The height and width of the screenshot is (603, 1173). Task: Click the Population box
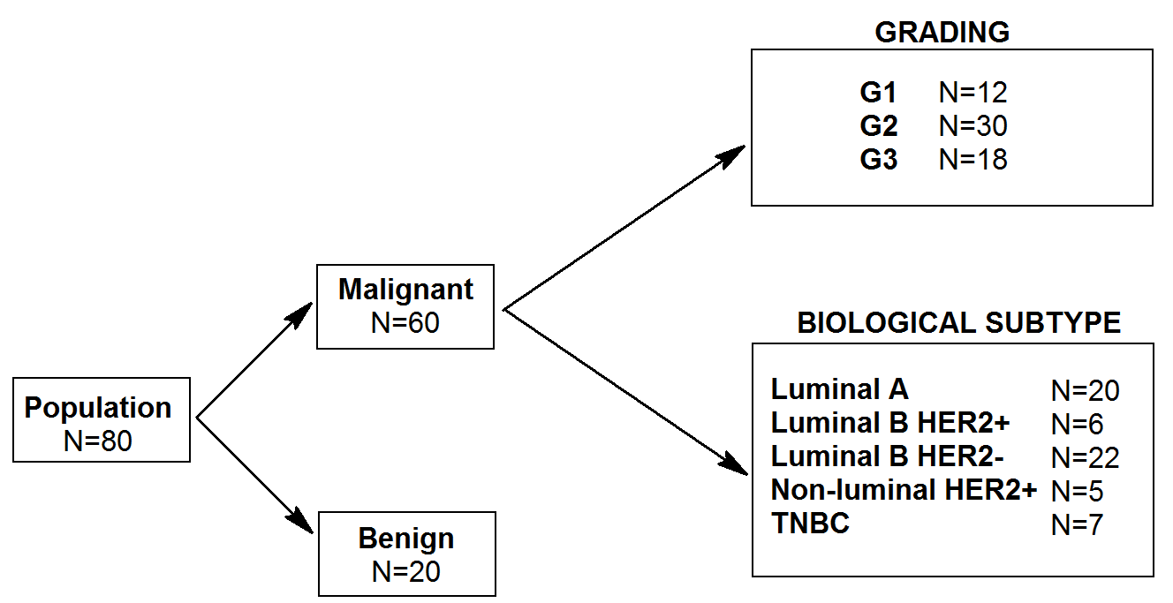[102, 420]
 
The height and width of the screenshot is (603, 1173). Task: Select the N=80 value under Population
[98, 441]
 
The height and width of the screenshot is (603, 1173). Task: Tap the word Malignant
[405, 290]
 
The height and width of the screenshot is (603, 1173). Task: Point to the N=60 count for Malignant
[405, 323]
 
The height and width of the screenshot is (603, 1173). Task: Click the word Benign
[406, 539]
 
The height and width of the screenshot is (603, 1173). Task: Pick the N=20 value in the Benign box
[406, 572]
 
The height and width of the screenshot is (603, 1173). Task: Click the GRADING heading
[942, 33]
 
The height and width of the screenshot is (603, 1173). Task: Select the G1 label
[878, 93]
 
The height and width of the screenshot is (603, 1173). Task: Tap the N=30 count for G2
[972, 126]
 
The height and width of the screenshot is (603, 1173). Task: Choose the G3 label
[878, 160]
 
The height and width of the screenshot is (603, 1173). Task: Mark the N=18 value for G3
[972, 160]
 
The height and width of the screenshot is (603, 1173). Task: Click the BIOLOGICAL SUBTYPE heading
[958, 323]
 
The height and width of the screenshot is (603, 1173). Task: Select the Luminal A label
[839, 389]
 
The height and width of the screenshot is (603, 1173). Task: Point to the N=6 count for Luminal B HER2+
[1077, 424]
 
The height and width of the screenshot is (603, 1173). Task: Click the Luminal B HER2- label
[889, 456]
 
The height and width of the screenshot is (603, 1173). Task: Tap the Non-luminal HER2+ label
[904, 490]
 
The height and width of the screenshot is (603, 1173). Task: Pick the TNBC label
[810, 524]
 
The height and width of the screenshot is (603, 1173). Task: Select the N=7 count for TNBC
[1077, 524]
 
